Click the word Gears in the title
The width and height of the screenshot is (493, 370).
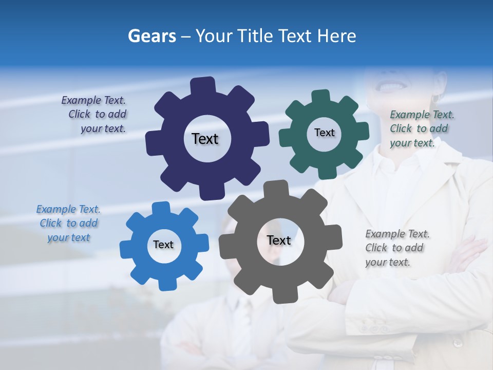tap(151, 36)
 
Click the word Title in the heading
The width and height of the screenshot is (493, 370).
tap(258, 36)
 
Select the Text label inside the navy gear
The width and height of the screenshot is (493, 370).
tap(205, 139)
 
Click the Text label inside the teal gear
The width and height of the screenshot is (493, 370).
tap(324, 133)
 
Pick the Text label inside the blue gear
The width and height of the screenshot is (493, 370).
tap(163, 245)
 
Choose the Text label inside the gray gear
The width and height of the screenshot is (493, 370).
tap(279, 240)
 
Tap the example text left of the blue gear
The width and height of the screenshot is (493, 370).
tap(68, 223)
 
